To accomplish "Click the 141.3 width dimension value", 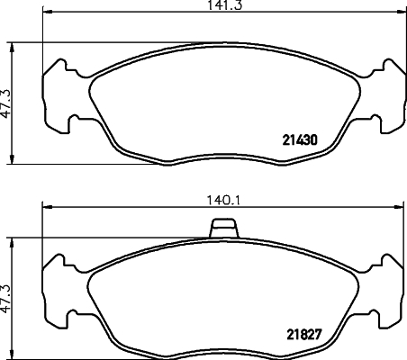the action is click(224, 5).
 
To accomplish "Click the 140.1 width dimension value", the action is click(223, 201).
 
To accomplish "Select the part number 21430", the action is click(300, 140).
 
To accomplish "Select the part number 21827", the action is click(304, 335).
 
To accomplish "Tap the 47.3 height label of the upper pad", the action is click(5, 103).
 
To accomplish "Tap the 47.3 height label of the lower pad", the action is click(5, 299).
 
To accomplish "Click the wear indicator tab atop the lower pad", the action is click(224, 228).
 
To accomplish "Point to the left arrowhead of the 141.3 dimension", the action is click(48, 12).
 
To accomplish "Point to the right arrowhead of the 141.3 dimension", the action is click(400, 12).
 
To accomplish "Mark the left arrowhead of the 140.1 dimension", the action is click(48, 207).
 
